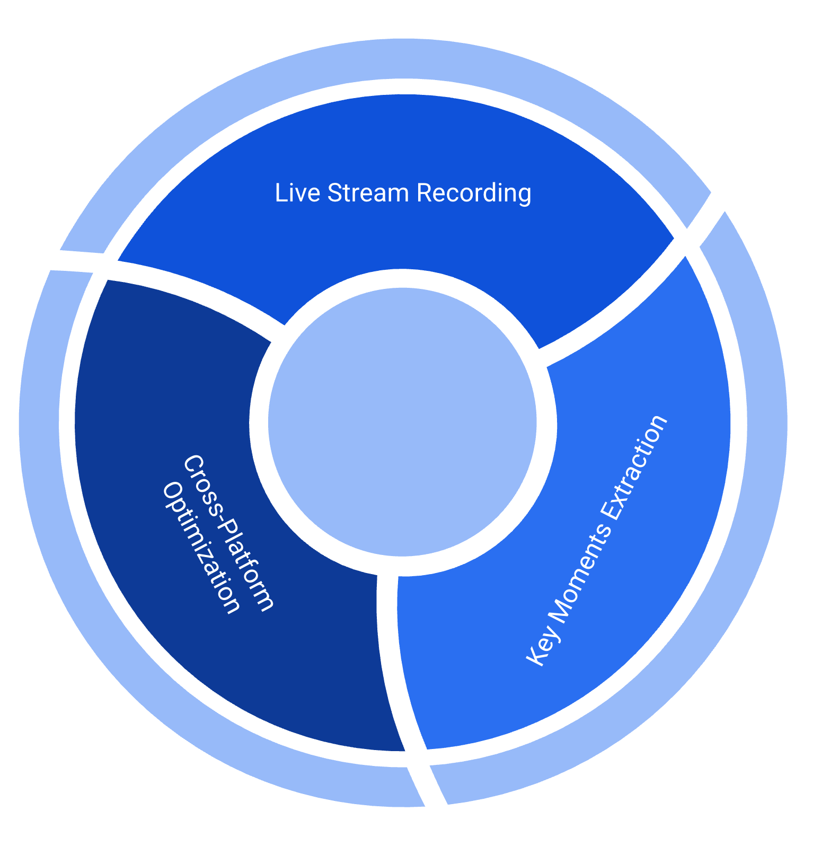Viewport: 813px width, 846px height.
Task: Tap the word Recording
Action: click(x=474, y=193)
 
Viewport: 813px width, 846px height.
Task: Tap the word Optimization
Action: click(x=201, y=549)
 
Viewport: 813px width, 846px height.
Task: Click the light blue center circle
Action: click(x=402, y=422)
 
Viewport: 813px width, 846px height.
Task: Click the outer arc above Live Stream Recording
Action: click(x=403, y=58)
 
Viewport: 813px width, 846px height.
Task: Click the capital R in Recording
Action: click(x=423, y=192)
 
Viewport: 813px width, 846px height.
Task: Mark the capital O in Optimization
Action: click(x=171, y=491)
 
